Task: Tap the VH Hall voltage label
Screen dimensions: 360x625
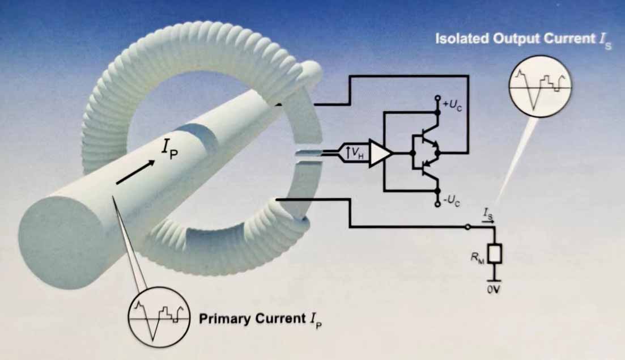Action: (355, 152)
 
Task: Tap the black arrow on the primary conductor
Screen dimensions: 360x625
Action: (136, 172)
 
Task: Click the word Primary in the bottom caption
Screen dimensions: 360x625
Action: (223, 319)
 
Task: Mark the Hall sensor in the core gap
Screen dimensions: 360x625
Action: (307, 152)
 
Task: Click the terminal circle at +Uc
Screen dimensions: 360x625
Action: (437, 99)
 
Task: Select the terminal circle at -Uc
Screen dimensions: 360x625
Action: (437, 204)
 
